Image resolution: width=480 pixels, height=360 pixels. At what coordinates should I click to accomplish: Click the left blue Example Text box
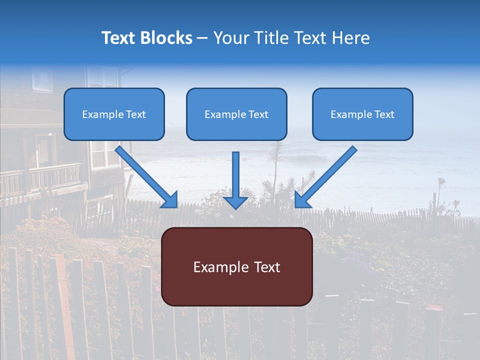(114, 114)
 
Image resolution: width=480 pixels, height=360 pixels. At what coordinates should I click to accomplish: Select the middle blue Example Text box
(236, 114)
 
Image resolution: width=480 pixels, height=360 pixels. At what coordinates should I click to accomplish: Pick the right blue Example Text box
(362, 114)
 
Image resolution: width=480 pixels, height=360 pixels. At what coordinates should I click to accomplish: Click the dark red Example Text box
(236, 266)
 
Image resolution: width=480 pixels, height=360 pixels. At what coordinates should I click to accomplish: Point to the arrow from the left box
(145, 175)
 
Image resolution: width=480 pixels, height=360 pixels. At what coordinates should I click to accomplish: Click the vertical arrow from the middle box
(235, 175)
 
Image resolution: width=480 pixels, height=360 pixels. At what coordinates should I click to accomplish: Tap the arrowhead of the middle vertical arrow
(235, 202)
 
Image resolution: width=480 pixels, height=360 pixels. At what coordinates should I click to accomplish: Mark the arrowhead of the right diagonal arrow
(301, 200)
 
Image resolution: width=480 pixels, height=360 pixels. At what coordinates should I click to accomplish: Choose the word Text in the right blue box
(384, 114)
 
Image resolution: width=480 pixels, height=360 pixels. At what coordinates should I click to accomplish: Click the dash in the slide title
(202, 38)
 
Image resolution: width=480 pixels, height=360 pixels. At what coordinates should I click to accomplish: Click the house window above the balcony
(105, 152)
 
